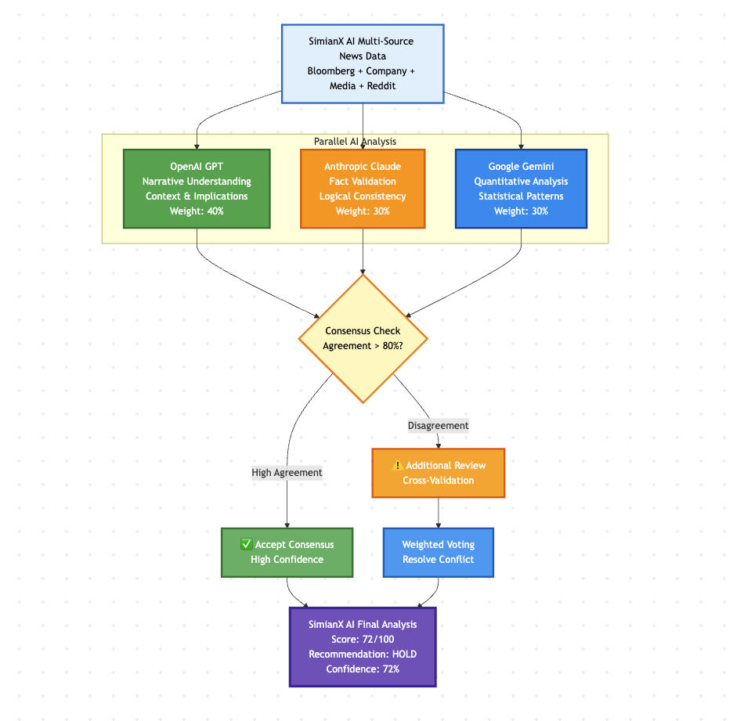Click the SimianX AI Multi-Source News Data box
click(x=363, y=63)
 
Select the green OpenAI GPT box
click(x=197, y=189)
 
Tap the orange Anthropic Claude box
click(x=363, y=189)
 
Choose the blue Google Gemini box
click(x=521, y=189)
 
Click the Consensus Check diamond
click(x=363, y=338)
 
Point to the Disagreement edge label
click(x=438, y=426)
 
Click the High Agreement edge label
click(x=287, y=473)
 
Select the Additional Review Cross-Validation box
click(x=438, y=473)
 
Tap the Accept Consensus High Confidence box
click(x=287, y=552)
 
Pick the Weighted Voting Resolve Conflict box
click(x=438, y=552)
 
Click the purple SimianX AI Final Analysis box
click(x=363, y=647)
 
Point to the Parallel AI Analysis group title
click(x=355, y=142)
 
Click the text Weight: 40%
click(x=197, y=211)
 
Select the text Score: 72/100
click(x=363, y=639)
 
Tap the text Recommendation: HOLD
click(x=363, y=654)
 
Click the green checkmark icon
click(x=246, y=544)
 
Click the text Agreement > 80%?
click(x=363, y=346)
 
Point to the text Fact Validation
click(x=363, y=182)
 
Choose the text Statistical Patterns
click(x=521, y=196)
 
